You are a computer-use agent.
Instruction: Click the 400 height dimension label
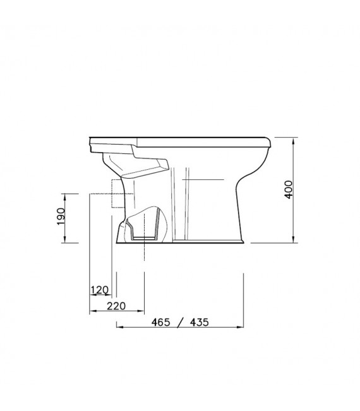289,189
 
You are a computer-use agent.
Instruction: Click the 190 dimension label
61,217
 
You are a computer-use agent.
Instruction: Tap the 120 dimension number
99,290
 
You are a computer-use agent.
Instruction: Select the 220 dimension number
116,306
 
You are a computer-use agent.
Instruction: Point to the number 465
160,322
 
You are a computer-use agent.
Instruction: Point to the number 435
200,322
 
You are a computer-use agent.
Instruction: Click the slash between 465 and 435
180,323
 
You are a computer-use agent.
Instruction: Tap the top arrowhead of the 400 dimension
293,141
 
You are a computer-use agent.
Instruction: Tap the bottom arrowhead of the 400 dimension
293,239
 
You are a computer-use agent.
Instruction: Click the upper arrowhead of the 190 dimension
65,197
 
